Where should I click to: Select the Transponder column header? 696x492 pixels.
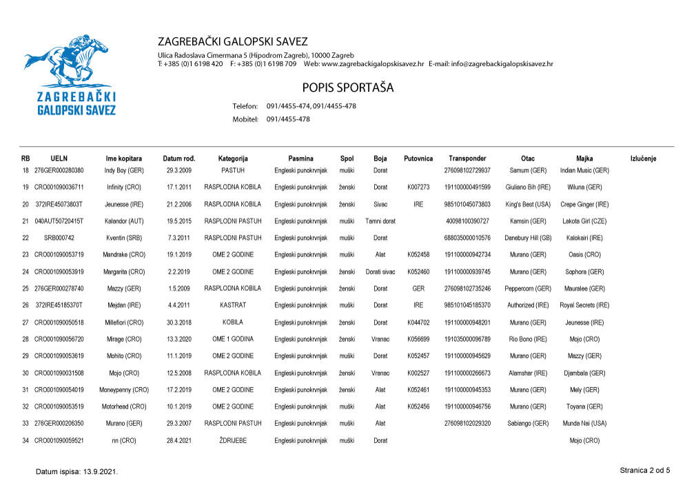pos(467,158)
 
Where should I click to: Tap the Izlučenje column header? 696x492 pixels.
pos(643,158)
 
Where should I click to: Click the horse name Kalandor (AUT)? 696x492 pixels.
pos(124,221)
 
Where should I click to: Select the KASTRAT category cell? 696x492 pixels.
pos(233,305)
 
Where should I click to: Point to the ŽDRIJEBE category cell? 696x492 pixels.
pos(233,440)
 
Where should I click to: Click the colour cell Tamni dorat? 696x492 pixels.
pos(380,221)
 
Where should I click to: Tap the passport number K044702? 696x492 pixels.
pos(418,322)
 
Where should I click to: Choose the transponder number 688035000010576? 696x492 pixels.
pos(467,238)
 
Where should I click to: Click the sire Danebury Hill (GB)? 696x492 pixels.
pos(528,238)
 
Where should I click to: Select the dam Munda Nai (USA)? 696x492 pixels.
pos(584,424)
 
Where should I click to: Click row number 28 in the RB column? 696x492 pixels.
pos(25,339)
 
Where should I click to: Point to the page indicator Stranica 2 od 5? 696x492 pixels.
pos(644,471)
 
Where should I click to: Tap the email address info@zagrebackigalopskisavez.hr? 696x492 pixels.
pos(502,64)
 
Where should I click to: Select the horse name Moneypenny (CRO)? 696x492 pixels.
pos(124,390)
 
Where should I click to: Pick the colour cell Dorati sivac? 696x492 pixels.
pos(380,271)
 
